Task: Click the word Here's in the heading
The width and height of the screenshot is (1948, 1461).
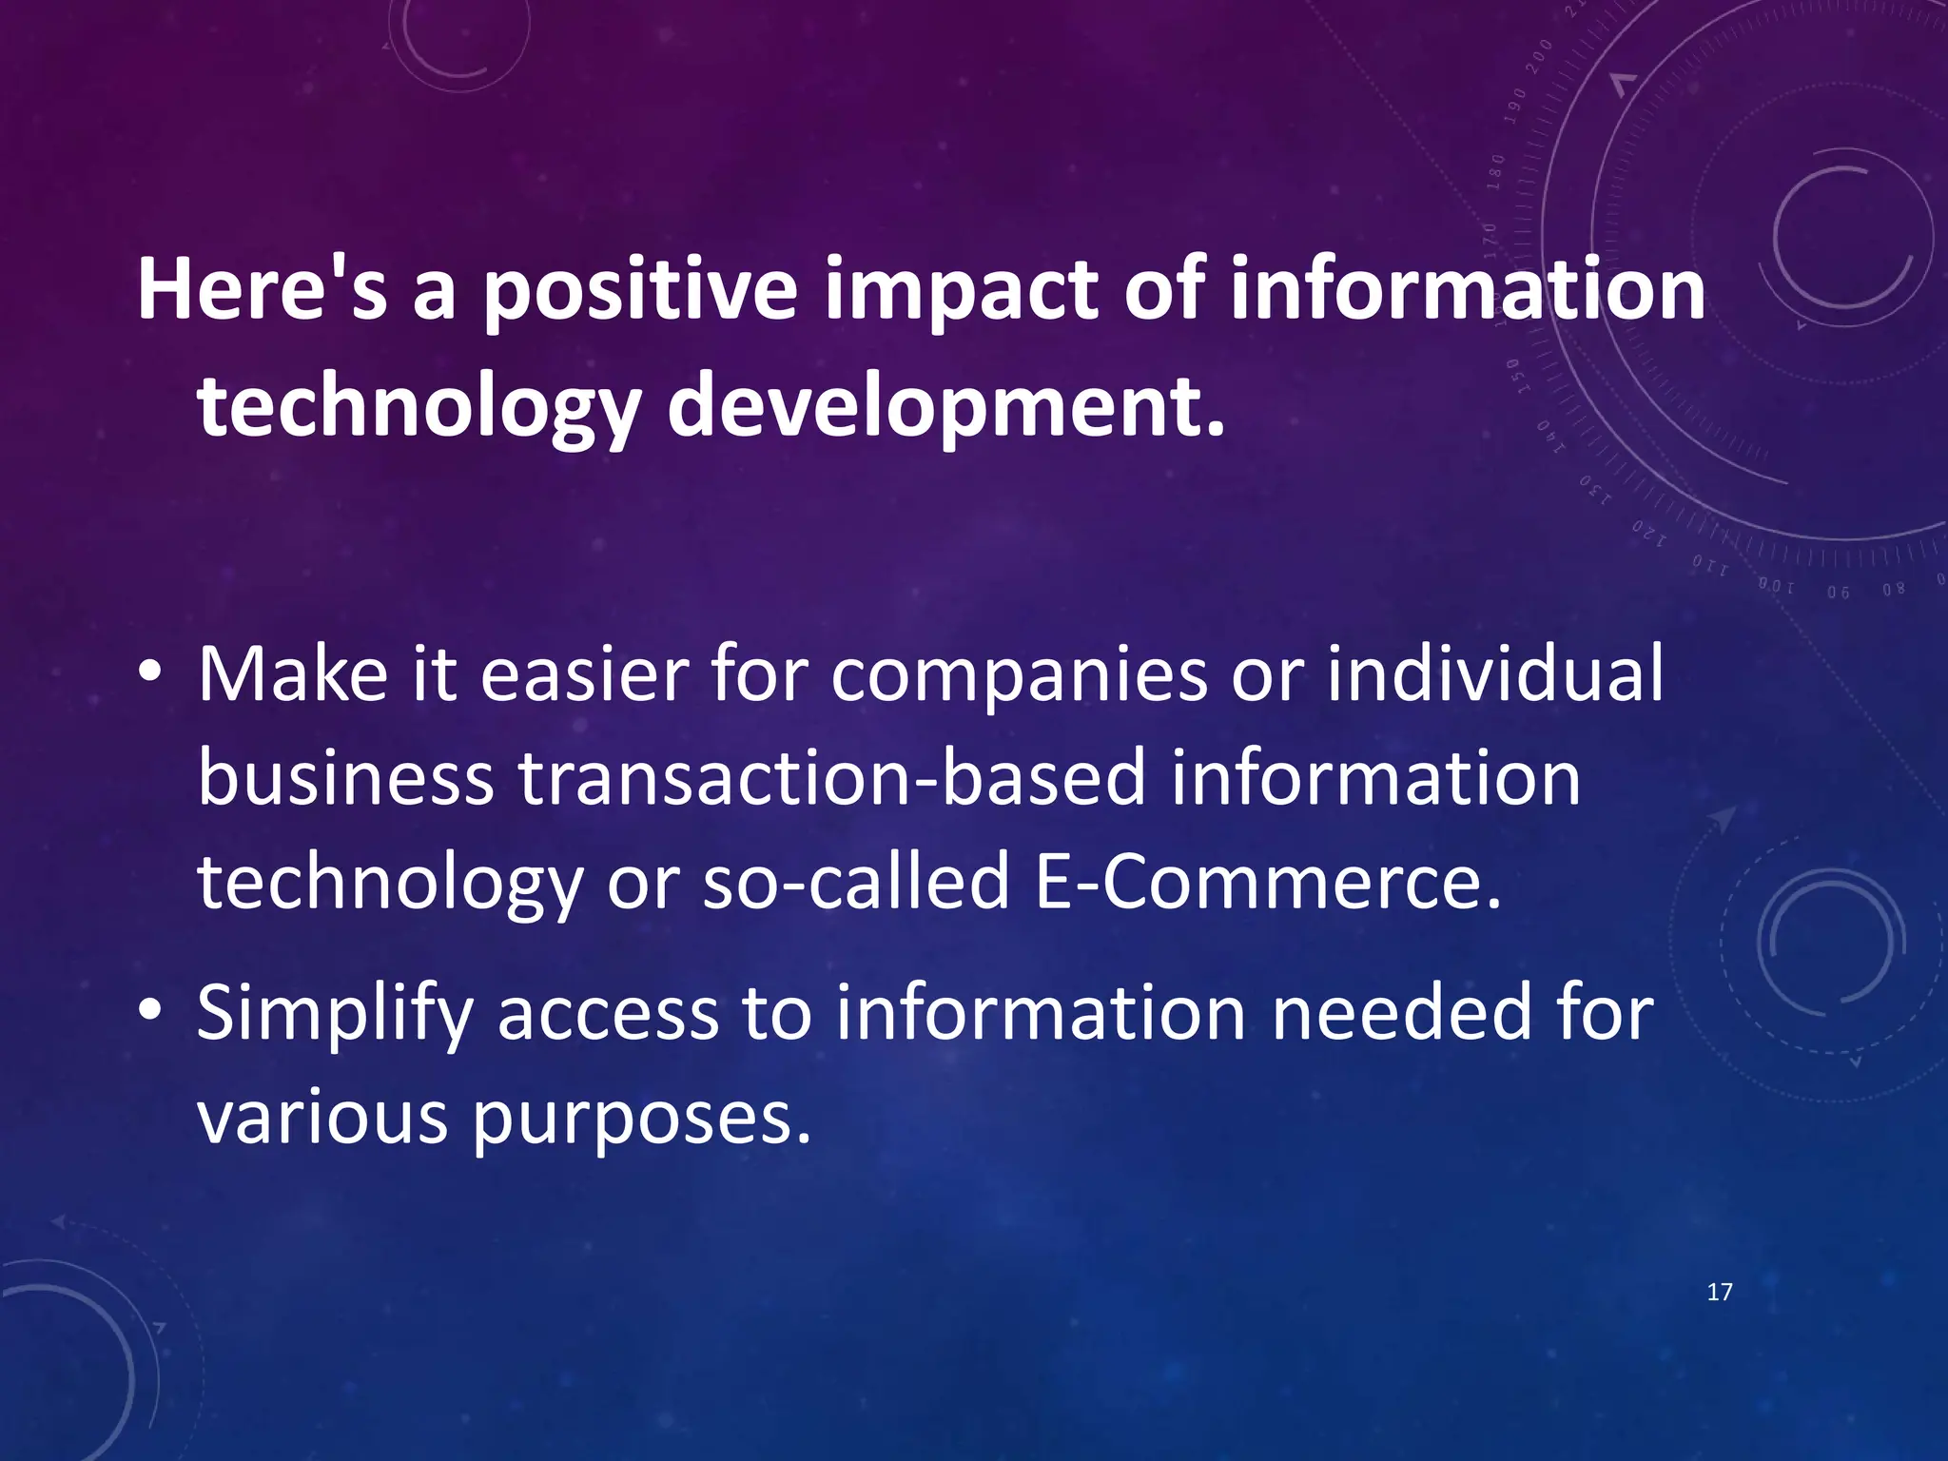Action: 263,289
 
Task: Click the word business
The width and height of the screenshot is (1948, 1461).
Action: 346,778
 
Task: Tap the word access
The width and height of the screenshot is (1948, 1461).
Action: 608,1014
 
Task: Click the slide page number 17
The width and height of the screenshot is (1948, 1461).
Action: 1720,1292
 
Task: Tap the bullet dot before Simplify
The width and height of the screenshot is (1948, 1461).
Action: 149,1011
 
